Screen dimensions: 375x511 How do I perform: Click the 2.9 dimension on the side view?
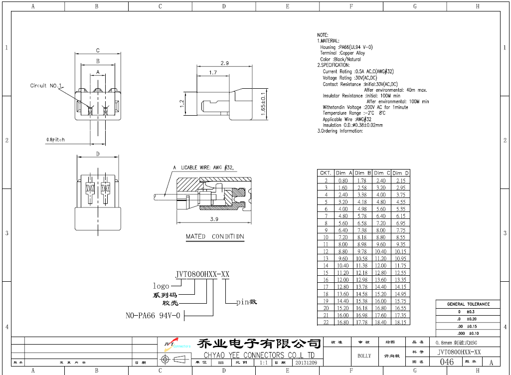(x=224, y=63)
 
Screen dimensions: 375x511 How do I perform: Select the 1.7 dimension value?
(x=213, y=73)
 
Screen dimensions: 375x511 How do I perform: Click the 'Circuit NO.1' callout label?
(x=45, y=86)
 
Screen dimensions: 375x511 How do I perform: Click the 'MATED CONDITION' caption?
(x=215, y=236)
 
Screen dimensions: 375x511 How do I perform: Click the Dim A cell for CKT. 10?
(x=343, y=237)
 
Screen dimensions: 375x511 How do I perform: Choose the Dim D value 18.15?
(x=400, y=322)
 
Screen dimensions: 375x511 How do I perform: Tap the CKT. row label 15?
(x=326, y=273)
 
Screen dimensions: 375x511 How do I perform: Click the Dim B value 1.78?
(x=362, y=181)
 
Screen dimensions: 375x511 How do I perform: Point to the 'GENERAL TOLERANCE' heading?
(x=468, y=304)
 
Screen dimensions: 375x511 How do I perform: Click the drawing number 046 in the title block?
(x=447, y=362)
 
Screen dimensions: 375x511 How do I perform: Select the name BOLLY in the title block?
(x=364, y=356)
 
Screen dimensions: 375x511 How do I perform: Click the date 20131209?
(x=306, y=363)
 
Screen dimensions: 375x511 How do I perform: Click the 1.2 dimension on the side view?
(x=182, y=103)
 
